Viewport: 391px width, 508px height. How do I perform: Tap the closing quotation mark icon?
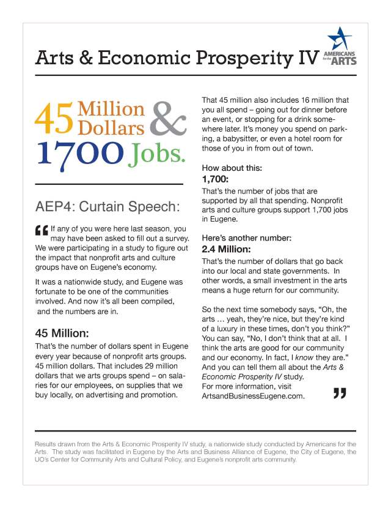click(340, 394)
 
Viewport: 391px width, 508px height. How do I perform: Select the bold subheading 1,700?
click(215, 179)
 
